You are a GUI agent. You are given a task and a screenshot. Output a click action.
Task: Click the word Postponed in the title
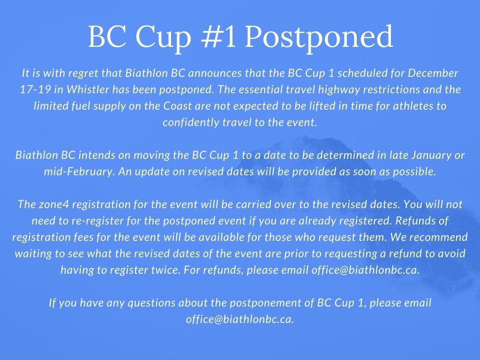[x=319, y=38]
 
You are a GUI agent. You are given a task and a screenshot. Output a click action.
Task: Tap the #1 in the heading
[x=218, y=36]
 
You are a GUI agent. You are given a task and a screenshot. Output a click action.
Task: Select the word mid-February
[x=79, y=172]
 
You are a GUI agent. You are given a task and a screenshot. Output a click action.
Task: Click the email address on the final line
[x=240, y=319]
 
